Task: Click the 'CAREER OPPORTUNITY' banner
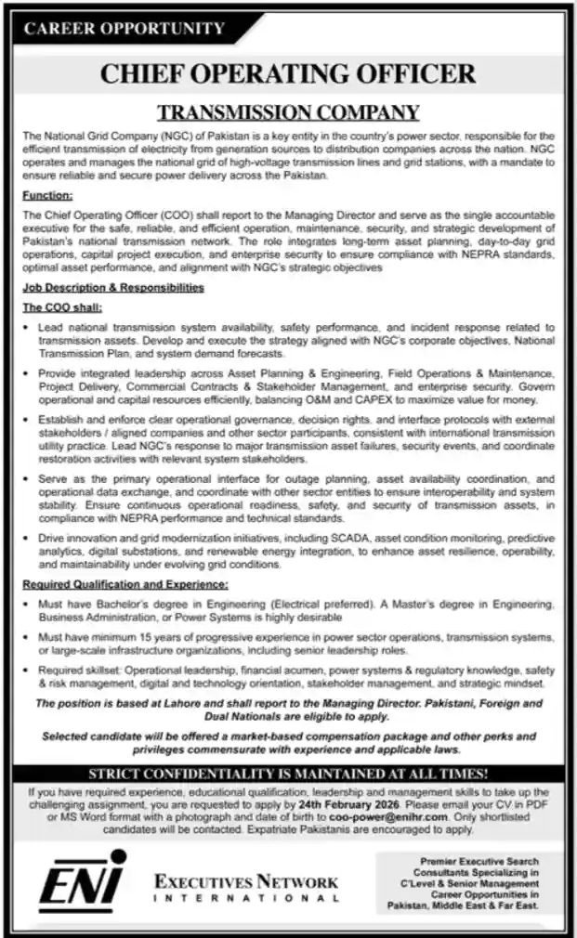click(125, 29)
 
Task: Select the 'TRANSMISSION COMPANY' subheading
click(288, 113)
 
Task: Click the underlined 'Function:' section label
click(47, 197)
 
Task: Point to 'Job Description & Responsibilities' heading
click(113, 289)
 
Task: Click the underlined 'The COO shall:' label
click(62, 307)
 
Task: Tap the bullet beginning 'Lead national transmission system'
click(295, 341)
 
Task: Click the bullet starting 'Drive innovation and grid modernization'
click(295, 551)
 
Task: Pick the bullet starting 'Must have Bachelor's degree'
click(295, 610)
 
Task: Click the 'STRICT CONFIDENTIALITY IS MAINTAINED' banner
click(288, 773)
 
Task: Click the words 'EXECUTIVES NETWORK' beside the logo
click(246, 880)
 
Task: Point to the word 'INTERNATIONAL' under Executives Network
click(246, 898)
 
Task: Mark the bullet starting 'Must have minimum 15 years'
click(295, 644)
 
